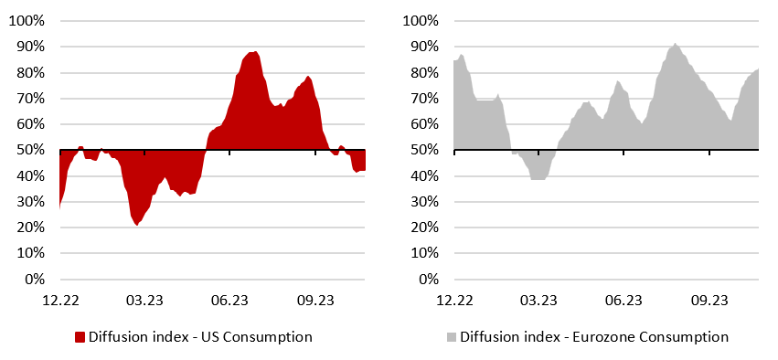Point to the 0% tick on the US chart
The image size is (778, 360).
click(34, 280)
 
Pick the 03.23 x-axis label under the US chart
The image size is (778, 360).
click(144, 299)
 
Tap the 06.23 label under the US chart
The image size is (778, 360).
click(229, 299)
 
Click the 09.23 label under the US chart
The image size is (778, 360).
click(315, 299)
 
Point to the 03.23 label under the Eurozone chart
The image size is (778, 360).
click(538, 299)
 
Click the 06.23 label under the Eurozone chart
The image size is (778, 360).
click(623, 299)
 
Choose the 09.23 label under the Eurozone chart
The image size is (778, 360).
click(709, 299)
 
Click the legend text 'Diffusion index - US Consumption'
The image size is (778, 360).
click(200, 337)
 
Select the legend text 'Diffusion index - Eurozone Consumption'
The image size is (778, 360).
click(595, 337)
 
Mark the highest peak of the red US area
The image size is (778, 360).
click(256, 51)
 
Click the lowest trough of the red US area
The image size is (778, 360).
click(138, 225)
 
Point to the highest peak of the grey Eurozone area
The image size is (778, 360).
click(675, 43)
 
